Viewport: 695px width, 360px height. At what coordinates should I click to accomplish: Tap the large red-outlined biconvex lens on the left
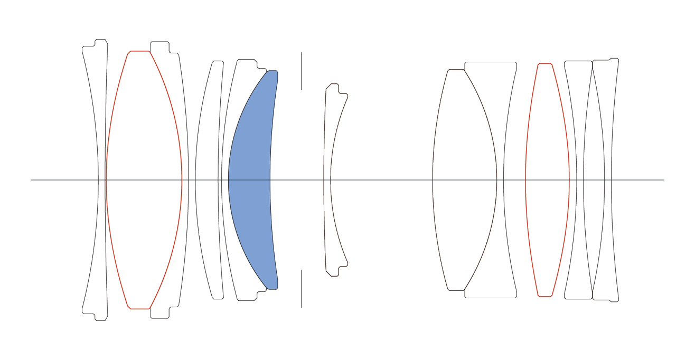click(x=144, y=179)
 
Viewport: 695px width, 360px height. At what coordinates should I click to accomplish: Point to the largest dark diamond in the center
click(x=385, y=180)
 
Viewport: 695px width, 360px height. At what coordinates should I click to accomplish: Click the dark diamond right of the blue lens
click(x=297, y=180)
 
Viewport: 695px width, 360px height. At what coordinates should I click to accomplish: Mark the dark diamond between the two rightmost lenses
click(x=593, y=180)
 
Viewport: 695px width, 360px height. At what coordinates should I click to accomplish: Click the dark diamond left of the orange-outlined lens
click(x=514, y=180)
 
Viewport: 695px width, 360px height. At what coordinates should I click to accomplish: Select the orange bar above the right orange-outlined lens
click(x=542, y=51)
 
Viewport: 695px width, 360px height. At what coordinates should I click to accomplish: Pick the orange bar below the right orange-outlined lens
click(x=542, y=309)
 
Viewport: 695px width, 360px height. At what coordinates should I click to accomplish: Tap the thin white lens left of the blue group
click(x=208, y=179)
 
